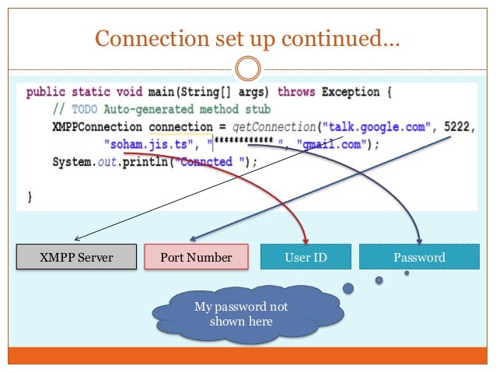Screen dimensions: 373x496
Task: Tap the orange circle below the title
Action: tap(247, 69)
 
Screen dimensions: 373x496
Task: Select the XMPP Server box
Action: tap(77, 257)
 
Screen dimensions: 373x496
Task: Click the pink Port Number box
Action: tap(196, 257)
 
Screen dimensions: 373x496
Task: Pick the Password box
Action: tap(419, 257)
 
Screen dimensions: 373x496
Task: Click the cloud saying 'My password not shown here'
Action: tap(241, 314)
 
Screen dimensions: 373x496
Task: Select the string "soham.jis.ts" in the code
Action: tap(145, 144)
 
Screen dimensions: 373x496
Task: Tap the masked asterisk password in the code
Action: tap(246, 145)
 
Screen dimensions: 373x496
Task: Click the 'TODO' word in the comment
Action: tap(82, 109)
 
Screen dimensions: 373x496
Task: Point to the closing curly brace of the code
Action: tap(30, 198)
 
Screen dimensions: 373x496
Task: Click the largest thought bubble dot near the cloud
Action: tap(348, 289)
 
